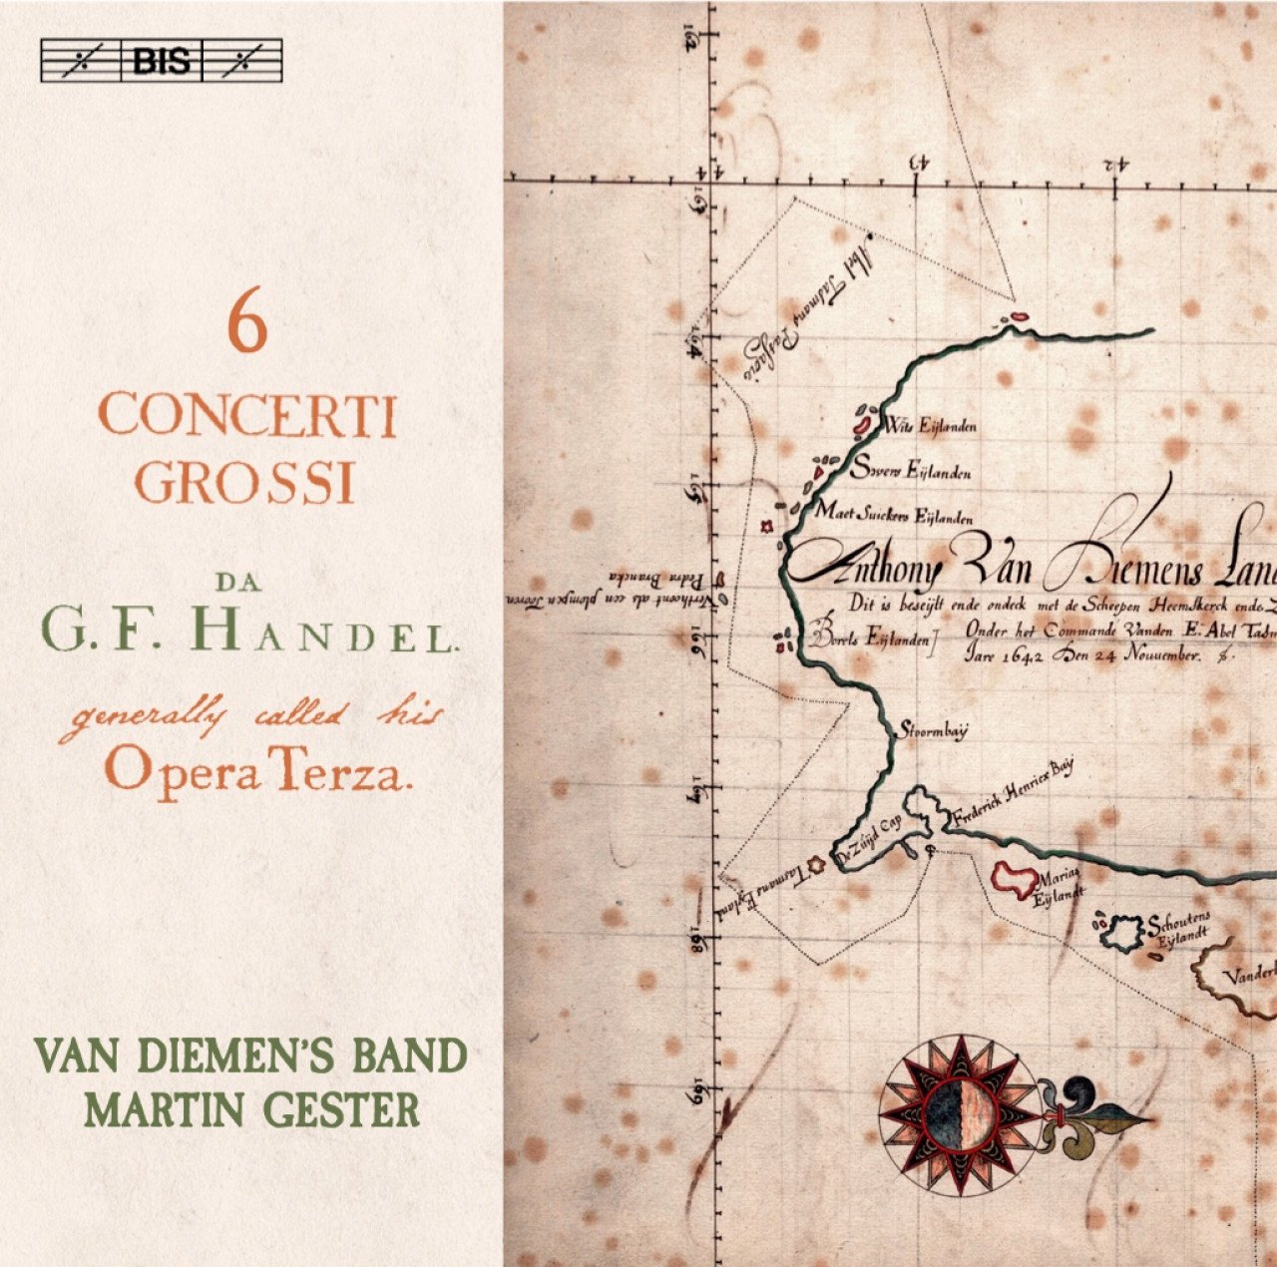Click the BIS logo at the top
[161, 61]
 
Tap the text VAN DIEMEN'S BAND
[249, 1056]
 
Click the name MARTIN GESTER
[252, 1109]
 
